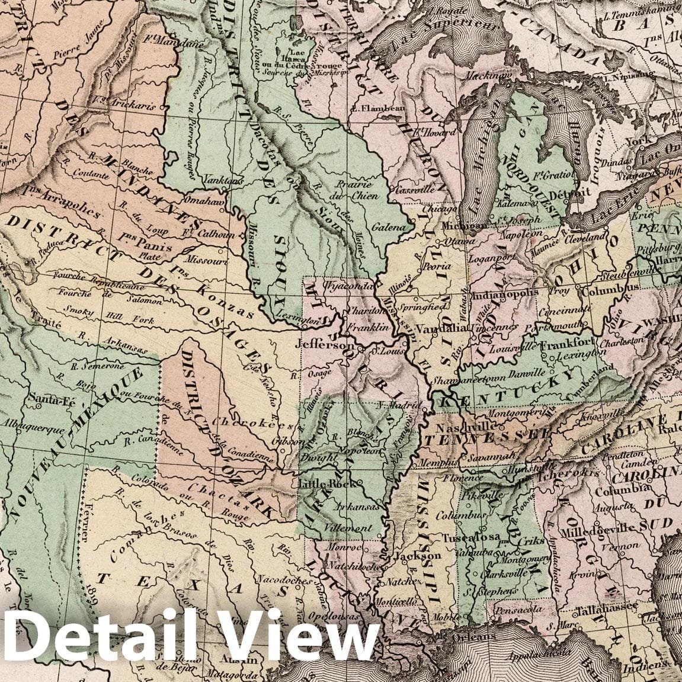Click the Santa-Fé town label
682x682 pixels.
point(50,398)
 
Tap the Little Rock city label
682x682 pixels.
point(321,484)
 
